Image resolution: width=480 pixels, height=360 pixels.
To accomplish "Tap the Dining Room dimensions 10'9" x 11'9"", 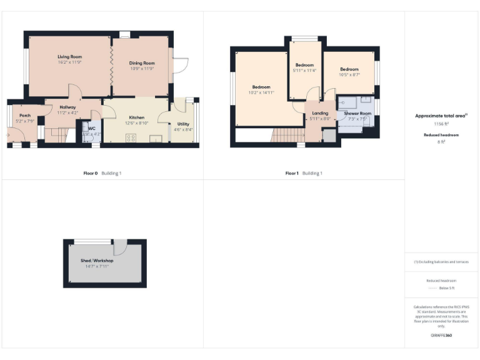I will (x=141, y=68).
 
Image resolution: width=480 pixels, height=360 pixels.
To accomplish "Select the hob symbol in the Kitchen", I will (x=131, y=139).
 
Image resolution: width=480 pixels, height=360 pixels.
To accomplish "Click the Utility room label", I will (x=183, y=124).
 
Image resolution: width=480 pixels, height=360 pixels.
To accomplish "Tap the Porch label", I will (x=25, y=116).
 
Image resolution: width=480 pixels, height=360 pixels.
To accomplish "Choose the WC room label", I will (x=91, y=129).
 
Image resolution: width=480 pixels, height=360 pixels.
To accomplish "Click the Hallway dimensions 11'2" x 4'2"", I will (x=67, y=113).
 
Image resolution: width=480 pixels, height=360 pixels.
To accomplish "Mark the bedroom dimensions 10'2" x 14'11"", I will (x=261, y=92).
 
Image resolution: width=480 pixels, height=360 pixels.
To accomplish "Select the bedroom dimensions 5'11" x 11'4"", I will (x=305, y=70).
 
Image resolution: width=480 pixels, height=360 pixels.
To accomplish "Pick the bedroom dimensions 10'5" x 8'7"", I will (x=349, y=74).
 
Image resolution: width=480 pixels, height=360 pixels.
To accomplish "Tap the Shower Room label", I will (x=357, y=114).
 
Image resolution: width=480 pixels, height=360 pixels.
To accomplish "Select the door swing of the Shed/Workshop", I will (x=120, y=247).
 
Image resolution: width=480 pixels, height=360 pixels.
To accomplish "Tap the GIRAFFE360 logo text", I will (x=441, y=336).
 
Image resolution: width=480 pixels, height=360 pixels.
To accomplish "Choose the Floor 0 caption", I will (x=91, y=173).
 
